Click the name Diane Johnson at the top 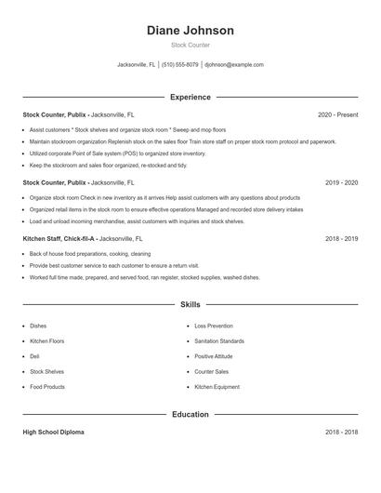point(190,31)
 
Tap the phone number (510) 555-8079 point(180,65)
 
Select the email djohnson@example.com point(234,65)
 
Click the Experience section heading point(190,97)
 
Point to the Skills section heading point(190,304)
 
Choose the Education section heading point(190,414)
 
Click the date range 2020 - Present point(337,114)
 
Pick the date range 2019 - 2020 point(341,183)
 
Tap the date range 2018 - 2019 point(341,239)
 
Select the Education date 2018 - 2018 point(341,433)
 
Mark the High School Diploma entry point(55,433)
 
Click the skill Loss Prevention point(214,326)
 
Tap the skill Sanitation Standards point(219,341)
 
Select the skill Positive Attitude point(214,356)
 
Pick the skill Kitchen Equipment point(216,386)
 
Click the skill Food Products point(47,386)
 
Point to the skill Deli point(34,356)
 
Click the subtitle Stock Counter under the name point(190,46)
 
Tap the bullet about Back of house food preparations point(89,253)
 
